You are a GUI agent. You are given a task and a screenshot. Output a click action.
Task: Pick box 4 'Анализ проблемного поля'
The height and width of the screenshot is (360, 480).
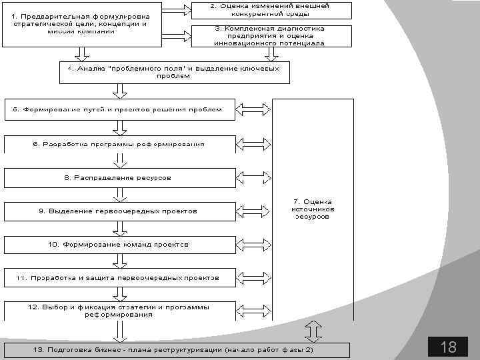(x=174, y=72)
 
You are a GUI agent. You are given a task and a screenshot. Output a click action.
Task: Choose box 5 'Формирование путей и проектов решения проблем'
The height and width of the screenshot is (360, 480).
(x=120, y=109)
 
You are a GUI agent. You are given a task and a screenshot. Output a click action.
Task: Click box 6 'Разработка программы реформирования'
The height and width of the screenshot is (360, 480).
(x=120, y=144)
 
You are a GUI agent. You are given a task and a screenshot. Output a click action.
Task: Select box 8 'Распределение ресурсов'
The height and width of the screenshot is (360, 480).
(x=120, y=178)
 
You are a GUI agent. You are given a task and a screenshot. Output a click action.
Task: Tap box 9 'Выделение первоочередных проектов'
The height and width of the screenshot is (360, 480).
(x=120, y=211)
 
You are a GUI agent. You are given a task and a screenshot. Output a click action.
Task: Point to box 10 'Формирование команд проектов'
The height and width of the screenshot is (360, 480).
(x=120, y=245)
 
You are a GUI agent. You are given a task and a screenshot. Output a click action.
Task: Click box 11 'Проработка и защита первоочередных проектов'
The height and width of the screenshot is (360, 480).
(x=120, y=277)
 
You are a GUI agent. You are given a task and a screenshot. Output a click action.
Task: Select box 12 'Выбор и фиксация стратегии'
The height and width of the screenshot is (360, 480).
(x=120, y=311)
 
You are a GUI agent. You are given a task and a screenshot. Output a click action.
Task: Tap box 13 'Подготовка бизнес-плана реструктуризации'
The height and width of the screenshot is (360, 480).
(x=175, y=350)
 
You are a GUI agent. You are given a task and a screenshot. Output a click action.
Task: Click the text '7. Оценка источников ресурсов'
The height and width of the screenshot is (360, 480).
(x=312, y=209)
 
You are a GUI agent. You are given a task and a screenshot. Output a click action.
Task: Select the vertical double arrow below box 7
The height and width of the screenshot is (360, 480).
(x=313, y=331)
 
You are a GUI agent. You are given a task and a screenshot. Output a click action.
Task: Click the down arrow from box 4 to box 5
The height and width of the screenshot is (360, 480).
(x=120, y=90)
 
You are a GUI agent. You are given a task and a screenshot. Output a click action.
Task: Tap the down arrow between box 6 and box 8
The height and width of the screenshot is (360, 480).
(x=120, y=161)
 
